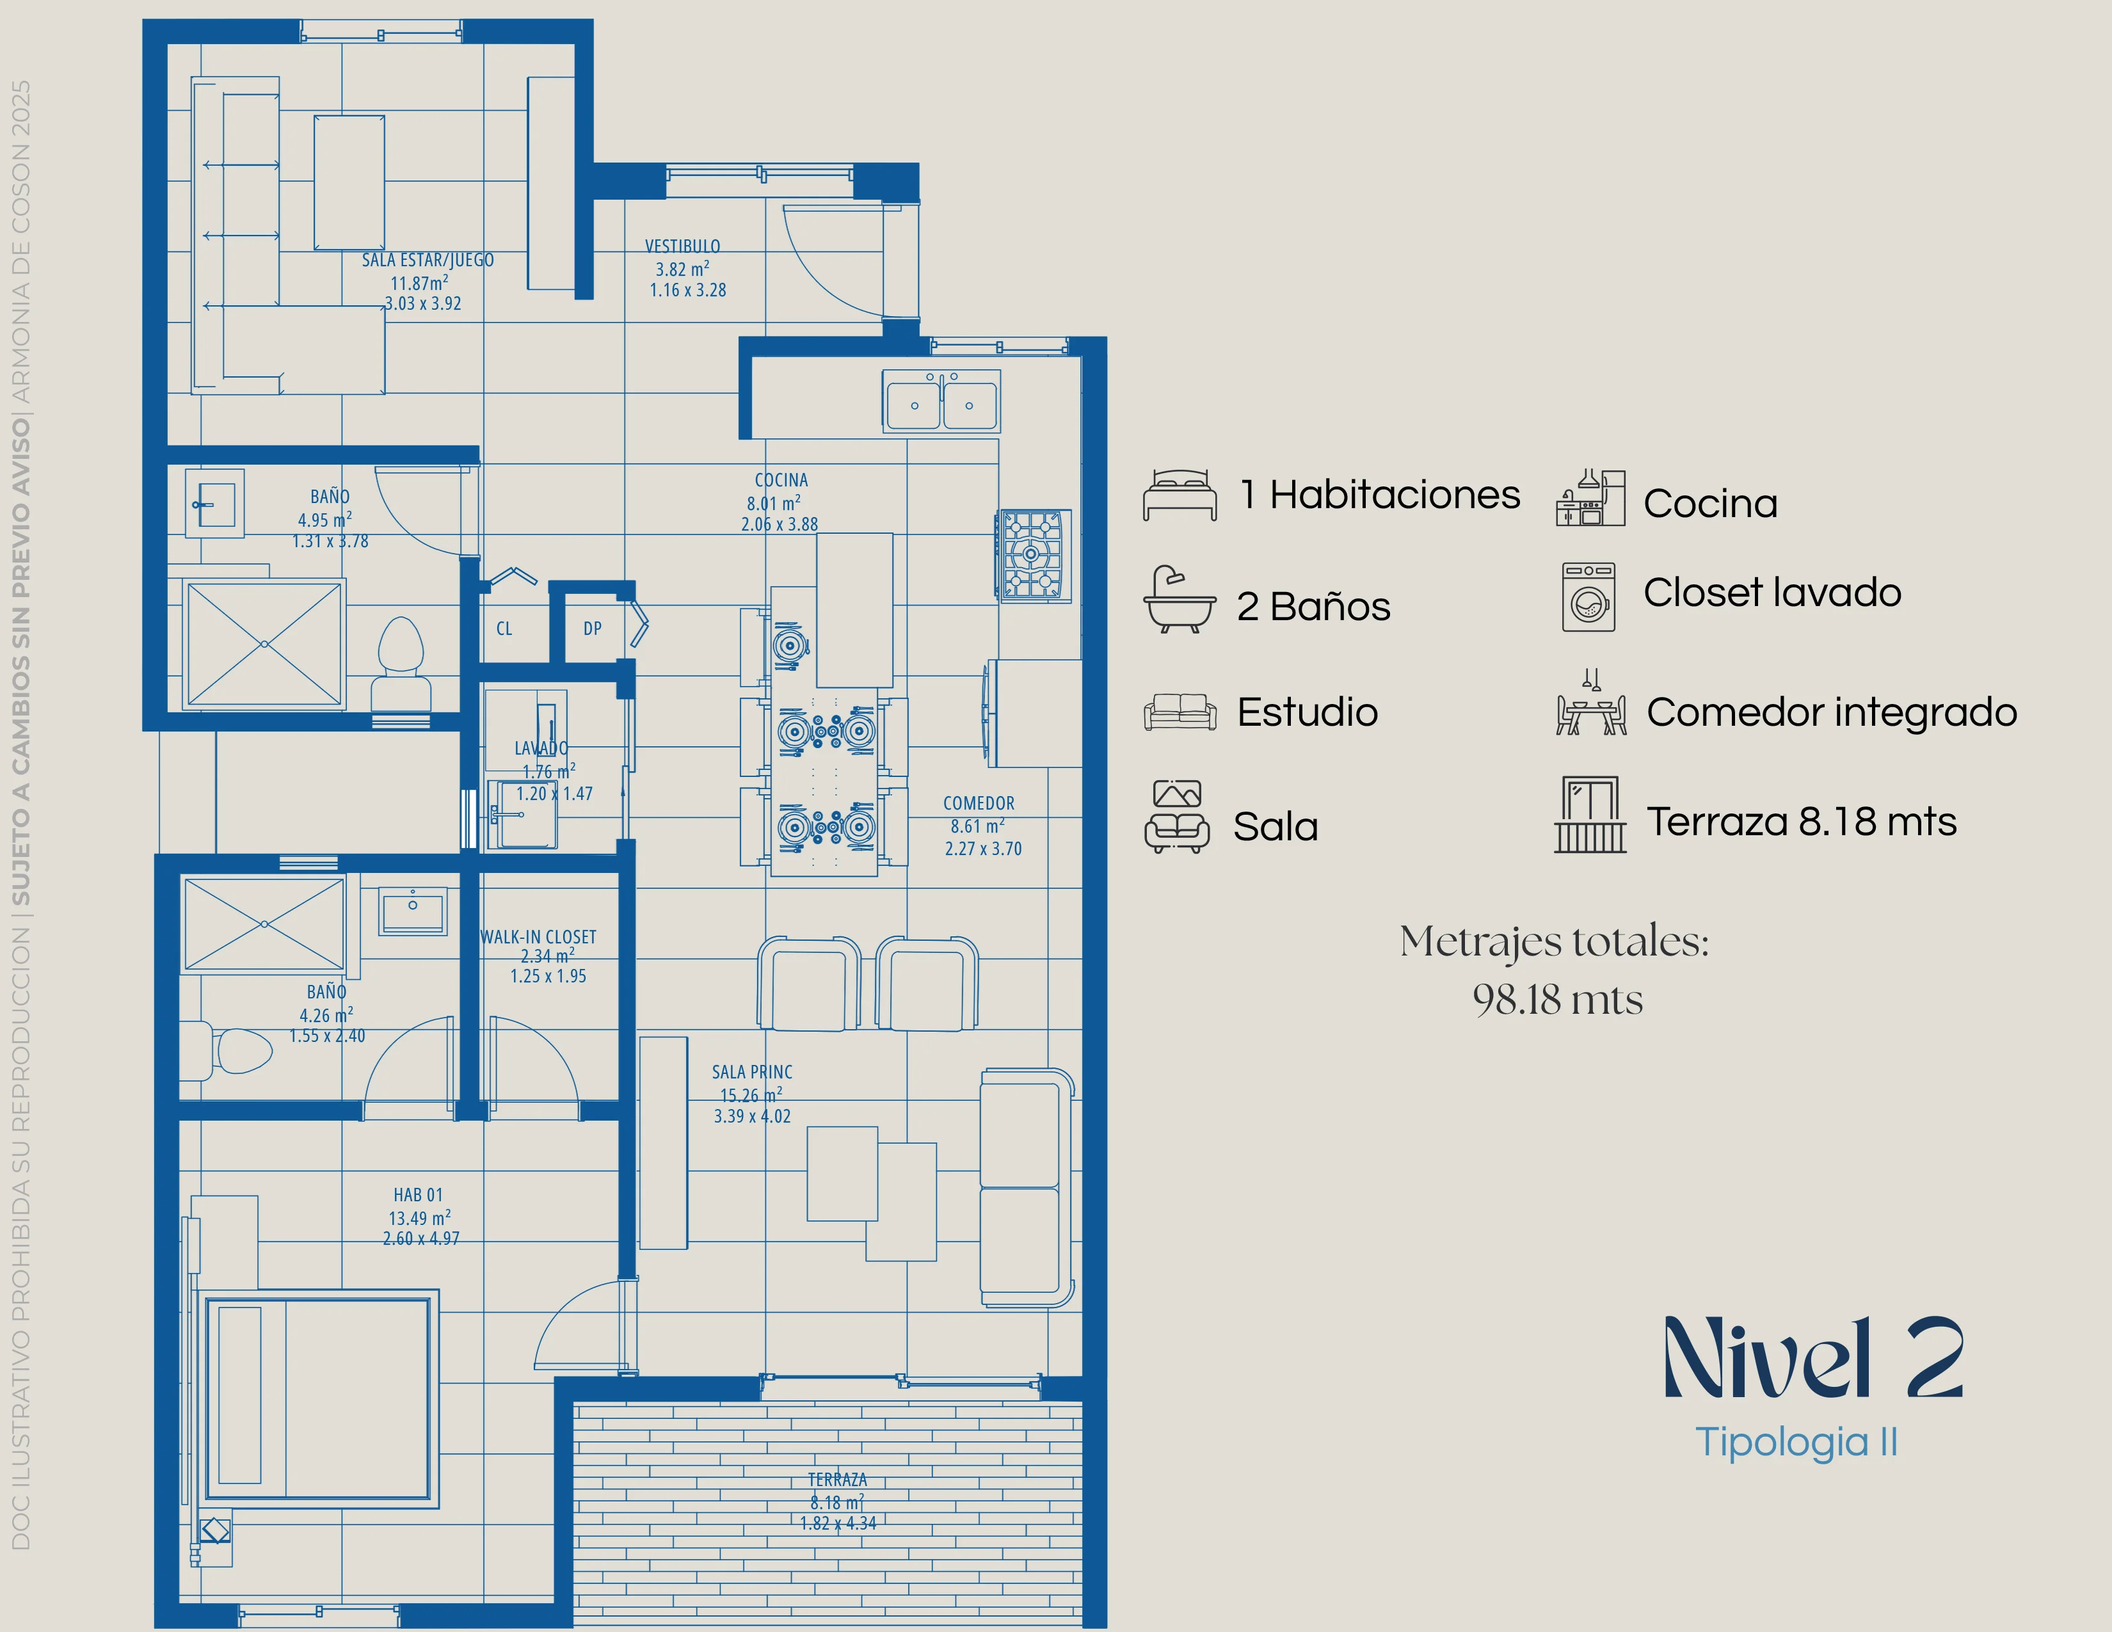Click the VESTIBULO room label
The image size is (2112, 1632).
coord(683,246)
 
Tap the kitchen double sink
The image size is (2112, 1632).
coord(941,400)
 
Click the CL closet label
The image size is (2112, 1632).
coord(504,628)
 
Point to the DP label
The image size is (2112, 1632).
coord(593,628)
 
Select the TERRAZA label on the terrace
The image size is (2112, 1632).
coord(838,1479)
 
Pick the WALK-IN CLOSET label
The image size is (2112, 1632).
coord(539,937)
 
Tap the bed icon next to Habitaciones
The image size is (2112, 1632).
coord(1180,496)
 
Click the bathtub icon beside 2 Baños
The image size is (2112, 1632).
coord(1180,600)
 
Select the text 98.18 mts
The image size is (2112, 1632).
coord(1557,1000)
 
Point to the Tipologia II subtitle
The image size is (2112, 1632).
coord(1796,1443)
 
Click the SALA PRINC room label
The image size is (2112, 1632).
coord(753,1072)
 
